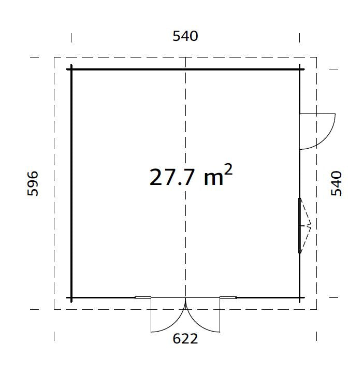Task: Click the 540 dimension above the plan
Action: click(185, 36)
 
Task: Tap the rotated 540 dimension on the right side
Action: click(337, 183)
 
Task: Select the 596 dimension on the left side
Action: click(33, 184)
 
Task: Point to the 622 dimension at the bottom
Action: click(185, 339)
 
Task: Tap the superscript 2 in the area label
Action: click(228, 170)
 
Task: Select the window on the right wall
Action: click(300, 225)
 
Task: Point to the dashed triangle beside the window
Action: click(306, 225)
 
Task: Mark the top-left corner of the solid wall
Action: click(71, 69)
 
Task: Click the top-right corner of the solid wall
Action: click(299, 69)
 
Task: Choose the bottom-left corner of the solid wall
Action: click(71, 298)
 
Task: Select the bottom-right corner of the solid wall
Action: click(299, 298)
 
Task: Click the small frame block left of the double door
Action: click(142, 298)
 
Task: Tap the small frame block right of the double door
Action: click(228, 298)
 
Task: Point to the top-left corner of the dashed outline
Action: click(54, 58)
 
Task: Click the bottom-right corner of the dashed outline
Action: click(316, 309)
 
